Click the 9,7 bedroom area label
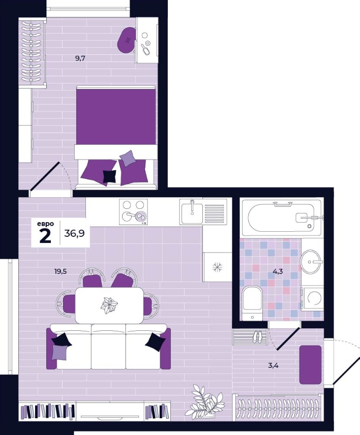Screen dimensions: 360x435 click(80, 58)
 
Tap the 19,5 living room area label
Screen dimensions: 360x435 click(61, 271)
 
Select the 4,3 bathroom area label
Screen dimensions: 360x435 click(278, 271)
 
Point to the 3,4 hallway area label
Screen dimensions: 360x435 click(273, 365)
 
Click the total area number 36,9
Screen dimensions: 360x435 click(74, 234)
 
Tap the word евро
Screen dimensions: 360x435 click(45, 224)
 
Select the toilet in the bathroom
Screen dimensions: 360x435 click(252, 303)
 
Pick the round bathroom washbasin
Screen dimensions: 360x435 click(311, 261)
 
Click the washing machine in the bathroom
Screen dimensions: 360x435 click(313, 299)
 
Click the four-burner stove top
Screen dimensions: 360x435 click(133, 212)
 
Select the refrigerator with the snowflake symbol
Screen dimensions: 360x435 click(217, 267)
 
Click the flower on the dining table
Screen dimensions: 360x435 click(109, 305)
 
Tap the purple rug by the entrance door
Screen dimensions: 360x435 click(310, 364)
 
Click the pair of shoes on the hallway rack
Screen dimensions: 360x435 click(258, 336)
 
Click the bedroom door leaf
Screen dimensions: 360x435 click(44, 176)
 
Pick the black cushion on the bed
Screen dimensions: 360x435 click(110, 176)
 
